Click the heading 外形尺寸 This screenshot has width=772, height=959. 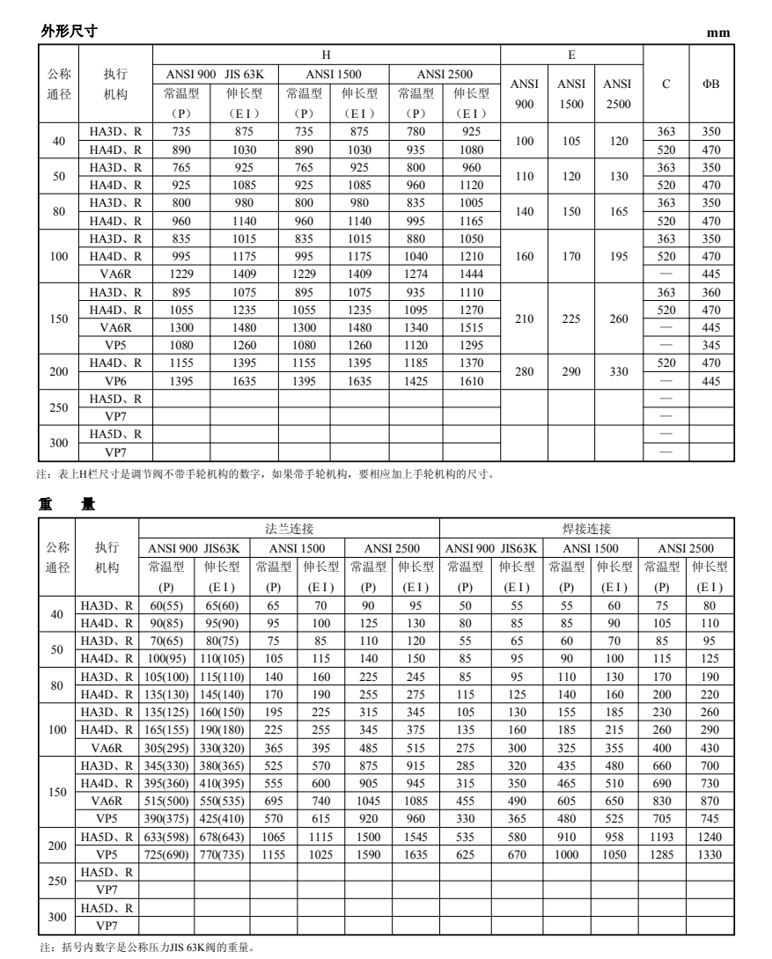point(69,31)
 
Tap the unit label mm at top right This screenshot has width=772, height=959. point(719,33)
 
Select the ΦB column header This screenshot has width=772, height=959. point(710,84)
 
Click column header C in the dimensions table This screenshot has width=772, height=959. point(666,84)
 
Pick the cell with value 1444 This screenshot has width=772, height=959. point(472,274)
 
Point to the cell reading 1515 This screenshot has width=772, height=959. point(472,327)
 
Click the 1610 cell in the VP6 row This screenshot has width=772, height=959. point(472,381)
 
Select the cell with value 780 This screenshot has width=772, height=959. point(416,131)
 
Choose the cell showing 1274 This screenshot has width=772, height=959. point(416,274)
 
